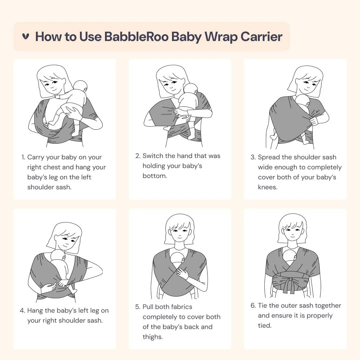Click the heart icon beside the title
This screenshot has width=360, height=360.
26,37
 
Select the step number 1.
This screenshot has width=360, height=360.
23,157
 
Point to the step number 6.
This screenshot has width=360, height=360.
253,306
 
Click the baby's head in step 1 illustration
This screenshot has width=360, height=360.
80,86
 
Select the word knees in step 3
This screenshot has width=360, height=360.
267,187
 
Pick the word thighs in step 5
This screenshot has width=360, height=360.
152,337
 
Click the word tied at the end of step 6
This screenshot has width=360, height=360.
264,326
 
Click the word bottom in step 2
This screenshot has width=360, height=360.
155,176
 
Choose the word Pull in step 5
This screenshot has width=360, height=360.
148,307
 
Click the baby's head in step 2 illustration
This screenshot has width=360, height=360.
191,90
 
